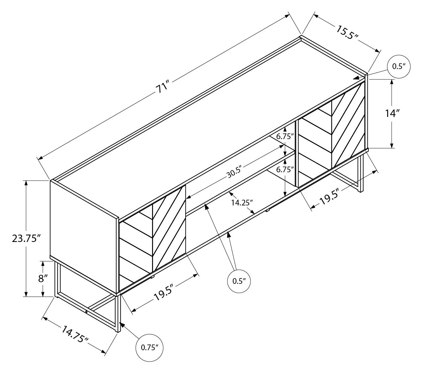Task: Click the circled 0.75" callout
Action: tap(149, 348)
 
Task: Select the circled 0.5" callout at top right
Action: tap(399, 66)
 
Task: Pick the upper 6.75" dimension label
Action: tap(285, 136)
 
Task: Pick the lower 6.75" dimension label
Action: tap(285, 170)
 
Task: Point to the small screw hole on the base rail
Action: tap(86, 312)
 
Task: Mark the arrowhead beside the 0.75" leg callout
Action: tap(122, 325)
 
